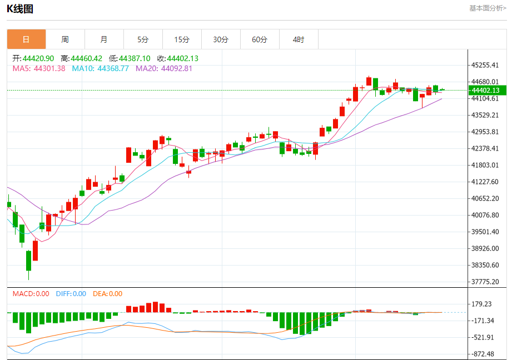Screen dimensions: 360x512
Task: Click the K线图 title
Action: click(x=20, y=9)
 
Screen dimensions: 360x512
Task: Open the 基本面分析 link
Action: click(x=488, y=8)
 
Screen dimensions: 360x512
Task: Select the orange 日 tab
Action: click(x=26, y=39)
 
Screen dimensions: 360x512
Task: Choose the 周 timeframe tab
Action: click(x=65, y=39)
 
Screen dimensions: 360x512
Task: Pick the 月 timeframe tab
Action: click(x=104, y=39)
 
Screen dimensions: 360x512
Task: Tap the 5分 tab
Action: click(x=143, y=39)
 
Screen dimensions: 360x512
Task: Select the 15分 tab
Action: click(x=182, y=39)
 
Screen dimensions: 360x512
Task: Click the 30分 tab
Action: click(x=221, y=39)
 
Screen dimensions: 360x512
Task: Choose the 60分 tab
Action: click(x=260, y=39)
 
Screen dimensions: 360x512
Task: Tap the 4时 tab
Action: click(x=299, y=39)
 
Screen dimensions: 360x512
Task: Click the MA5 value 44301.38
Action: click(x=49, y=68)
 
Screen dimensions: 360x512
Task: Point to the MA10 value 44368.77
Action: click(x=113, y=68)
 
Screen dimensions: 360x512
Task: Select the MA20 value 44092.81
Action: click(x=176, y=68)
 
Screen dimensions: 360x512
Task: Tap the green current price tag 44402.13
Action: click(x=485, y=90)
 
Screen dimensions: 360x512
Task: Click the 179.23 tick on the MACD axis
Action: click(x=481, y=304)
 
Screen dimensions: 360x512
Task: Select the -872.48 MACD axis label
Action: click(x=481, y=354)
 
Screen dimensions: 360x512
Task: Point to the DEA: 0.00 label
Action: click(x=107, y=294)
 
